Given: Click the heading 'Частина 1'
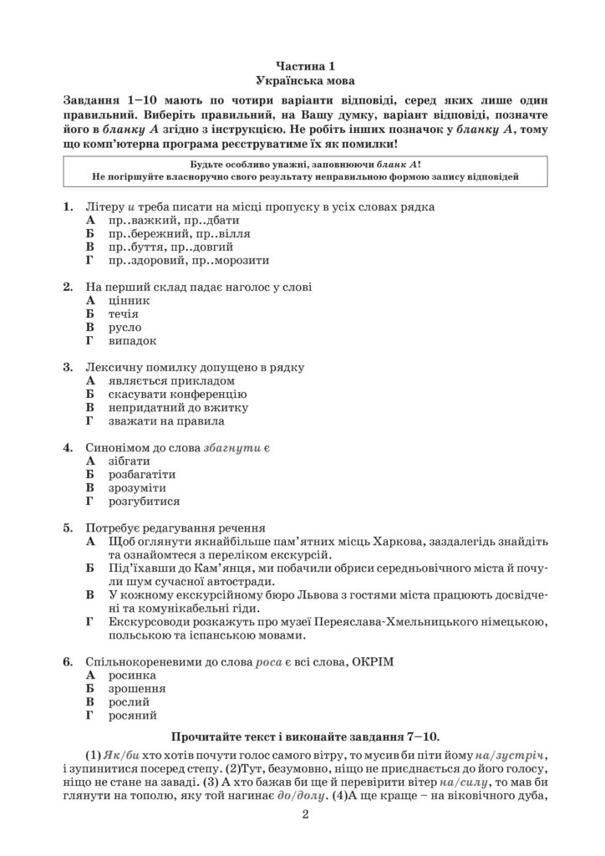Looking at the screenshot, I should pyautogui.click(x=303, y=65).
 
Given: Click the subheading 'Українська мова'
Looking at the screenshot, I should pyautogui.click(x=303, y=80).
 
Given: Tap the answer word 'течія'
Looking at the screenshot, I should pyautogui.click(x=124, y=313).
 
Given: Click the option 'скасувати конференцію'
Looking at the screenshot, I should pyautogui.click(x=177, y=394).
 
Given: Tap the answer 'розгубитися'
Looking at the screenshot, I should pyautogui.click(x=144, y=502).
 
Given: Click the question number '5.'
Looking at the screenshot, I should pyautogui.click(x=68, y=528).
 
